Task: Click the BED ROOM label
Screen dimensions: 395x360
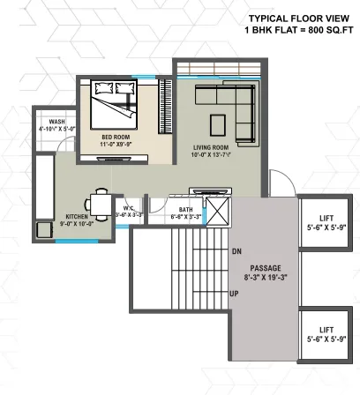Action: (x=116, y=138)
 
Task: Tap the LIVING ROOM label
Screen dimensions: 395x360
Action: (x=211, y=147)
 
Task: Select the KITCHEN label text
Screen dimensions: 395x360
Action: (x=78, y=216)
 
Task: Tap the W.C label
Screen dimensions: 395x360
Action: (x=129, y=207)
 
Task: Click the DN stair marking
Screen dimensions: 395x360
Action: (x=236, y=251)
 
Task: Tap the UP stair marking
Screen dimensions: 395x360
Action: (x=235, y=293)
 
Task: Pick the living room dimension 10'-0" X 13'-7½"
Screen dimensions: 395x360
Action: (x=211, y=156)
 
